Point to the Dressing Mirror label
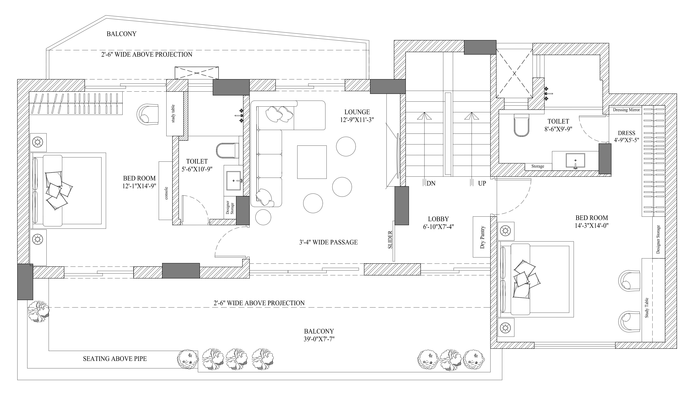click(626, 110)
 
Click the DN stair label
click(431, 183)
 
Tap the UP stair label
click(482, 183)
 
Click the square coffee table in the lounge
click(312, 162)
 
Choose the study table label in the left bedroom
click(173, 113)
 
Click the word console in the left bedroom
click(166, 193)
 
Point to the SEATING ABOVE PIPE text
click(115, 359)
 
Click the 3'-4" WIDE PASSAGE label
click(328, 242)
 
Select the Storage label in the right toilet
click(538, 166)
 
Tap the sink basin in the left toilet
click(233, 180)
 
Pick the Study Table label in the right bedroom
click(647, 308)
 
